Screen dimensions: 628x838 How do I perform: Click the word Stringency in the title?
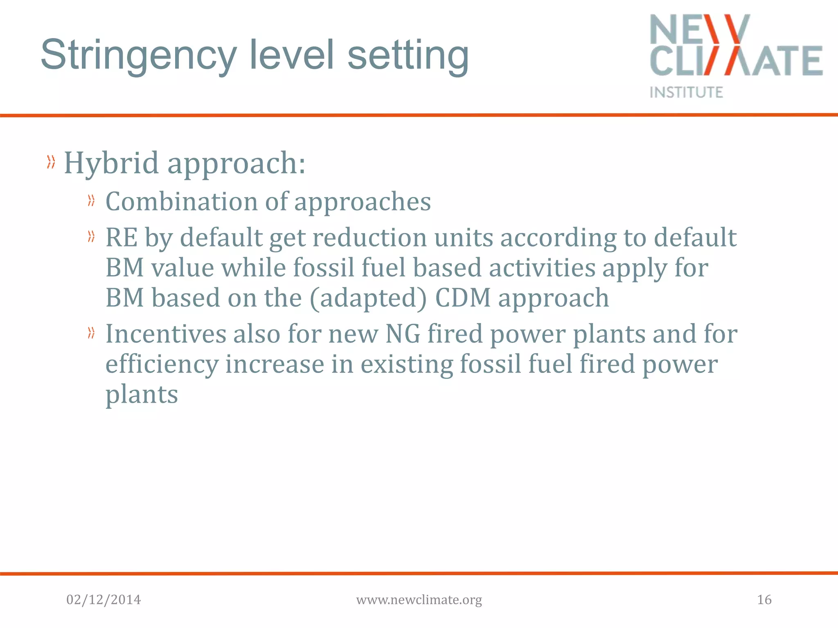coord(139,55)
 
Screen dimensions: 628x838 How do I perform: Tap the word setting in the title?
coord(408,55)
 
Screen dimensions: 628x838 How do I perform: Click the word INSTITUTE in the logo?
coord(686,92)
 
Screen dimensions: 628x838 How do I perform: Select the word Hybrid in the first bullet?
coord(111,163)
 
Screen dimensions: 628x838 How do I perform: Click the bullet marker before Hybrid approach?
coord(51,162)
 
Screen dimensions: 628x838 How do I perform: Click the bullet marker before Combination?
coord(91,200)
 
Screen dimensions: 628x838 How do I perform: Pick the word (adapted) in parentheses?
coord(368,298)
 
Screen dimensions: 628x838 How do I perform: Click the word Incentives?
coord(166,334)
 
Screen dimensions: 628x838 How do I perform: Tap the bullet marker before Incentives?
coord(91,333)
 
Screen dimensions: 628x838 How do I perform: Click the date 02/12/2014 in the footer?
coord(104,600)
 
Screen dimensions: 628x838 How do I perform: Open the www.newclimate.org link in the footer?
coord(419,600)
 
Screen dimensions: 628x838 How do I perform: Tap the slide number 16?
coord(764,600)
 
